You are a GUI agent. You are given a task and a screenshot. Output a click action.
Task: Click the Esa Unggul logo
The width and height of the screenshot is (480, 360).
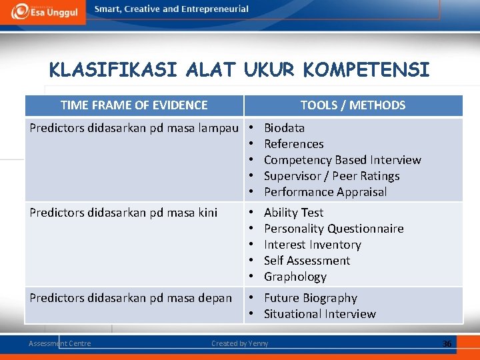(x=43, y=11)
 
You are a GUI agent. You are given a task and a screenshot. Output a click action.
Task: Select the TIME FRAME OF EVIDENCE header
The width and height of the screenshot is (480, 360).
(x=134, y=105)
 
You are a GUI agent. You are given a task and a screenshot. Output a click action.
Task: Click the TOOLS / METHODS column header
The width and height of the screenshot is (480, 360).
(x=353, y=105)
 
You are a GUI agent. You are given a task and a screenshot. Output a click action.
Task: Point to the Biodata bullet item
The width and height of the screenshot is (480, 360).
(x=284, y=128)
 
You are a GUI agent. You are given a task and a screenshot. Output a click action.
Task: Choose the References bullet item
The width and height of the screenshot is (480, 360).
(x=293, y=144)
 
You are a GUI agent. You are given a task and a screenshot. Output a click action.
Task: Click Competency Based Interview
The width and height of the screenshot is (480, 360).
(x=342, y=160)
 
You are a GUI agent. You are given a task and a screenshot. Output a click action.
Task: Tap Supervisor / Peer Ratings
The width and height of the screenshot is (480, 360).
(x=331, y=176)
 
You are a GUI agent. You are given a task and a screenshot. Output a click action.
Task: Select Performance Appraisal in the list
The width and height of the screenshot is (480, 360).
(x=325, y=192)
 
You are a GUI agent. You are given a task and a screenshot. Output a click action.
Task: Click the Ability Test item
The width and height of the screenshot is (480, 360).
(x=293, y=213)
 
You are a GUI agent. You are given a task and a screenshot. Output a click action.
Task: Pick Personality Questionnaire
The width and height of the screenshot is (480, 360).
(x=333, y=229)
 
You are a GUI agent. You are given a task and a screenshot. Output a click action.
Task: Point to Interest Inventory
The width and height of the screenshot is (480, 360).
(x=312, y=245)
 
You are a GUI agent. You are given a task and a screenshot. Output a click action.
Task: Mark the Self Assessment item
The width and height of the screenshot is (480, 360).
(x=307, y=261)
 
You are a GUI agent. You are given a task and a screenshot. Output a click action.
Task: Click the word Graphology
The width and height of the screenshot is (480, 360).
(x=295, y=277)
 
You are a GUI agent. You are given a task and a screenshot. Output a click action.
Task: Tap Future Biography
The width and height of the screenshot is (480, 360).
(x=310, y=298)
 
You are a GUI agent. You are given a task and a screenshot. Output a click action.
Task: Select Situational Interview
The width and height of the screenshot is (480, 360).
(x=319, y=314)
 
